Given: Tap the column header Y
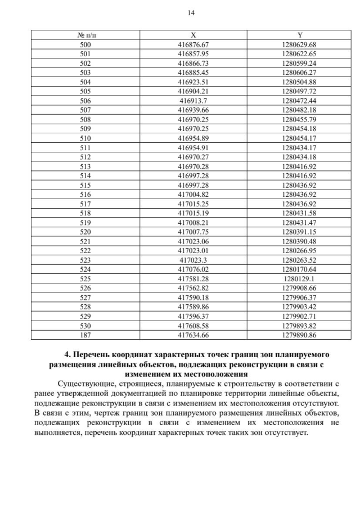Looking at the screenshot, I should [x=300, y=35].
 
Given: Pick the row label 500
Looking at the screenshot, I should [x=85, y=44].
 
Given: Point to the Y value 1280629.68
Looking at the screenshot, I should [x=300, y=44].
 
